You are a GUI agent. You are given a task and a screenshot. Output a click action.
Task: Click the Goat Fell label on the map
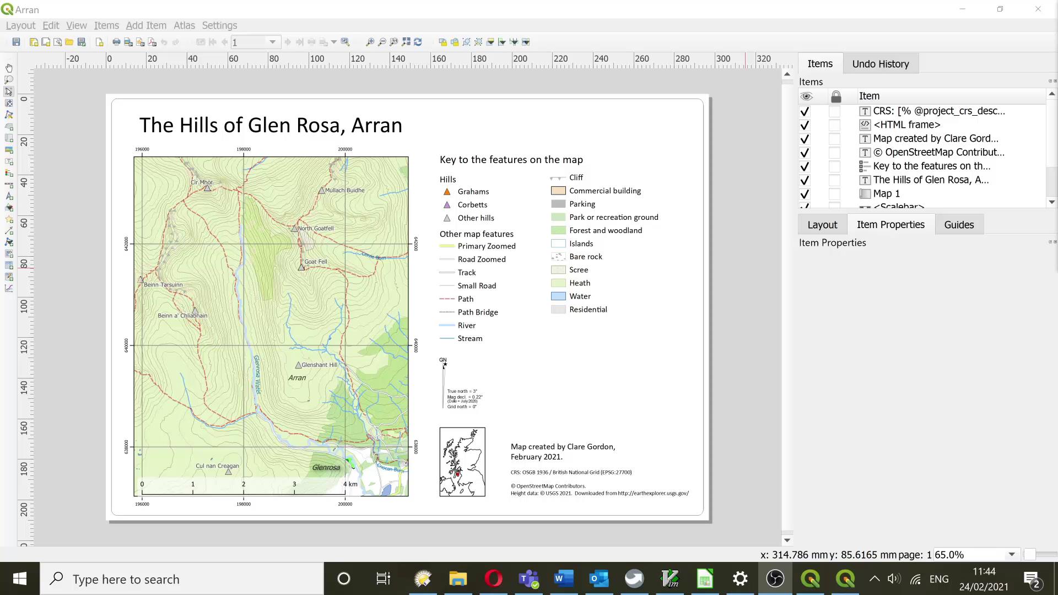tap(316, 262)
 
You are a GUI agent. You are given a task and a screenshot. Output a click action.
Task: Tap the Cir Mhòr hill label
tap(202, 182)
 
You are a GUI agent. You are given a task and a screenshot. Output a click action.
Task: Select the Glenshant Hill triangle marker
tap(298, 365)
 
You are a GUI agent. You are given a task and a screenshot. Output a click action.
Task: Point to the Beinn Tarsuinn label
tap(163, 285)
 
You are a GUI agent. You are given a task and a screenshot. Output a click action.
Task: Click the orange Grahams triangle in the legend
tap(447, 192)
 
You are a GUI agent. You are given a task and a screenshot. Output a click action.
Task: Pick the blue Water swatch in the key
tap(558, 296)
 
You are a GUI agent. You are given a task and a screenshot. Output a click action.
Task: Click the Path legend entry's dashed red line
tap(447, 299)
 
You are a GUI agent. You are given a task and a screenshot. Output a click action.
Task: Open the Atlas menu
tap(184, 25)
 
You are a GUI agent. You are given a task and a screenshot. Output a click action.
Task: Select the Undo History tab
tap(880, 64)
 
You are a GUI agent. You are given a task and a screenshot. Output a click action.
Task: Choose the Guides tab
tap(958, 225)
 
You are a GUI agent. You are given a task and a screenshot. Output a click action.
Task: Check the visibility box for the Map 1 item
tap(805, 194)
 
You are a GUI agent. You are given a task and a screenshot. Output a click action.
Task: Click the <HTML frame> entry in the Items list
tap(906, 125)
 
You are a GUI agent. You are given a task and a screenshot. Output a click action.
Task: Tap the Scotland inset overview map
tap(462, 462)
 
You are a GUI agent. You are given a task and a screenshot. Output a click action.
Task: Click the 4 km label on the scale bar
tap(350, 484)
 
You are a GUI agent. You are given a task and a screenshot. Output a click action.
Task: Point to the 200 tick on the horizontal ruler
tap(520, 59)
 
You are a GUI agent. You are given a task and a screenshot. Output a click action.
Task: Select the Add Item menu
tap(146, 25)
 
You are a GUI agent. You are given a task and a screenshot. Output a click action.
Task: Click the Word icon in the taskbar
tap(563, 579)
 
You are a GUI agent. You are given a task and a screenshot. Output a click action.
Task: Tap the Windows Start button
tap(20, 579)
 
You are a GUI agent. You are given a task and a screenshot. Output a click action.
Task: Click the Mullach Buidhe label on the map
tap(344, 191)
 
